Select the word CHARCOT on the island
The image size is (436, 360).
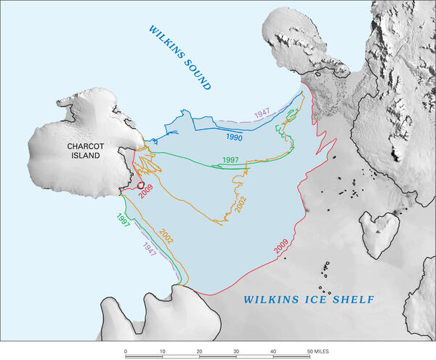(x=87, y=146)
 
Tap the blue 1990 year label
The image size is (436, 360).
(x=233, y=136)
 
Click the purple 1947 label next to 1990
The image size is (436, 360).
(x=262, y=113)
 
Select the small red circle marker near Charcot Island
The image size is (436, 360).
(x=141, y=186)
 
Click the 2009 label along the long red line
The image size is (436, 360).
(x=281, y=245)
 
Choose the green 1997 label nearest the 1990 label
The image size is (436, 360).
(x=230, y=160)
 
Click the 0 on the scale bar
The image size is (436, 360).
(x=126, y=351)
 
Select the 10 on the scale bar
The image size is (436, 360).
(x=162, y=351)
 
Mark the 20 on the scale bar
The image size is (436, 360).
(x=199, y=351)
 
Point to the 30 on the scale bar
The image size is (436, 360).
(x=236, y=351)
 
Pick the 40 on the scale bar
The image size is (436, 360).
(x=273, y=351)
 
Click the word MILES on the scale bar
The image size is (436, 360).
(x=320, y=351)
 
